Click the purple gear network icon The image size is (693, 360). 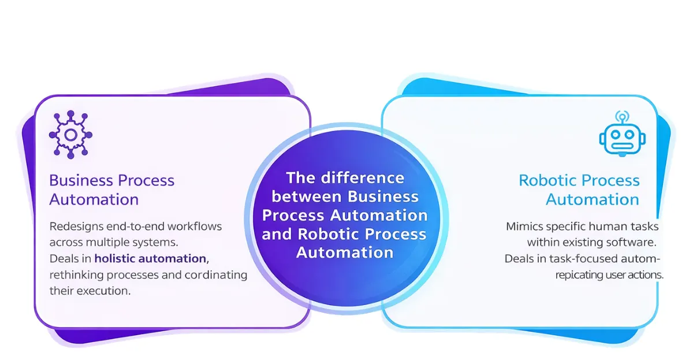[x=70, y=135]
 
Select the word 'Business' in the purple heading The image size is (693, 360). [x=81, y=180]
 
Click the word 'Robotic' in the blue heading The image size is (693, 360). [x=549, y=180]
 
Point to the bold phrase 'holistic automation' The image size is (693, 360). [x=150, y=258]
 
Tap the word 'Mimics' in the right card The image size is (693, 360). [x=523, y=226]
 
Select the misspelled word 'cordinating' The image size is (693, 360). [x=219, y=274]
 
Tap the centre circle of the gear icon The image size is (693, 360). [x=70, y=135]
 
